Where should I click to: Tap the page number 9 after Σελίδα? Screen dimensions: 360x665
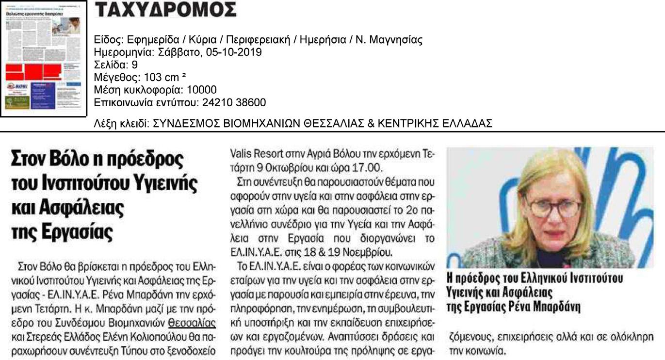click(135, 65)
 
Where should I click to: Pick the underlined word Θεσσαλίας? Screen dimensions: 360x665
click(192, 322)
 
